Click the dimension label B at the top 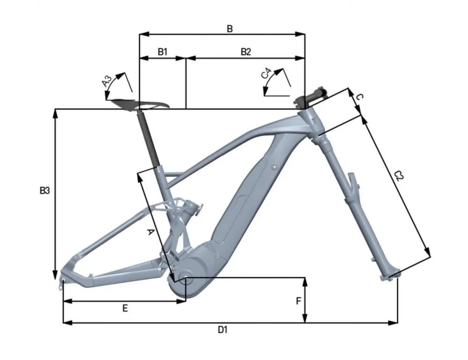coord(229,29)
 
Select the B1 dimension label coord(162,52)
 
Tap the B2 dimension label coord(246,52)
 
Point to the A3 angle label coord(107,81)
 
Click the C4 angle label coord(266,73)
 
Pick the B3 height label coord(44,191)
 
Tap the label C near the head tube coord(359,97)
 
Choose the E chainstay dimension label coord(125,308)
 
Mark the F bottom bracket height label coord(298,301)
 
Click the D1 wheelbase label coord(222,330)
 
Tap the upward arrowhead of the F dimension coord(305,281)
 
